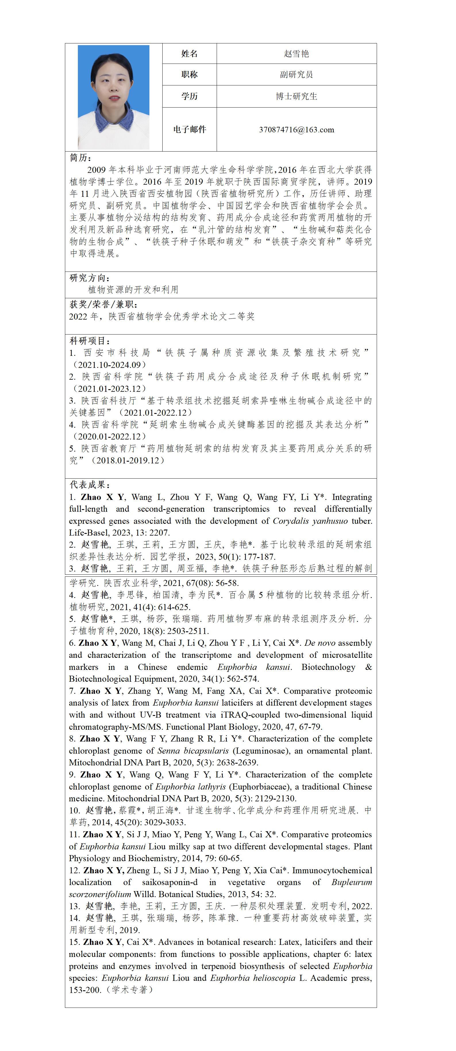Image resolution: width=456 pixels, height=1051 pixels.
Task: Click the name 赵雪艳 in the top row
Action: (296, 54)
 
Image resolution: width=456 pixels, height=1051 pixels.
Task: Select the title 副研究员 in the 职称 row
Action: (296, 75)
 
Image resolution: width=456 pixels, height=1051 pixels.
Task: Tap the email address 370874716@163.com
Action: (296, 130)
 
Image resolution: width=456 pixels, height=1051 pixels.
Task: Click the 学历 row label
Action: (189, 96)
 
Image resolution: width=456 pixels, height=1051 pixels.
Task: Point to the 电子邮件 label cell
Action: (189, 130)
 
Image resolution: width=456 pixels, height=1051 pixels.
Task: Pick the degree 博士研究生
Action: (296, 96)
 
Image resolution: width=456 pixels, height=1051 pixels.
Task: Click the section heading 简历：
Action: (81, 158)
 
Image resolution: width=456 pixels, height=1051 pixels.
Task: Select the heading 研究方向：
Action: (90, 278)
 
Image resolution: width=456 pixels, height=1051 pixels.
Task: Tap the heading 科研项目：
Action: (90, 341)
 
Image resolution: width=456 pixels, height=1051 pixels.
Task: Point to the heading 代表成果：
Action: (90, 485)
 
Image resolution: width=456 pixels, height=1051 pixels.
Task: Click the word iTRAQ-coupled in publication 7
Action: (250, 715)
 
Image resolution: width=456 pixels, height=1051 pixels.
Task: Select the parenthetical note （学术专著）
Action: (130, 990)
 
